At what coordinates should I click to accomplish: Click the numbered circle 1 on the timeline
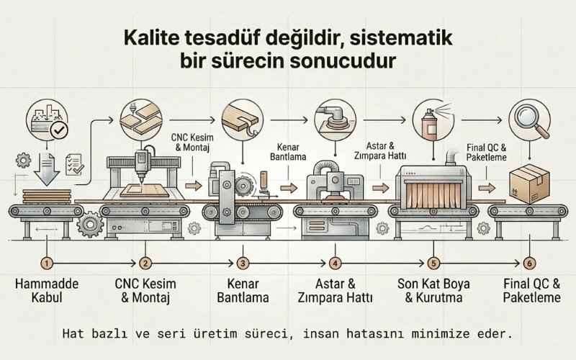(x=46, y=264)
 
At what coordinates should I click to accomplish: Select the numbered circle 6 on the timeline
(x=530, y=264)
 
